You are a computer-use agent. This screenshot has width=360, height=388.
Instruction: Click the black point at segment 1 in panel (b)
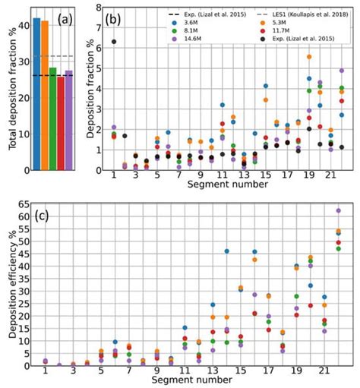pyautogui.click(x=114, y=42)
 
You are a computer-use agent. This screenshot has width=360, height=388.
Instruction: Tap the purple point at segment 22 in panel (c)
pyautogui.click(x=339, y=210)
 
